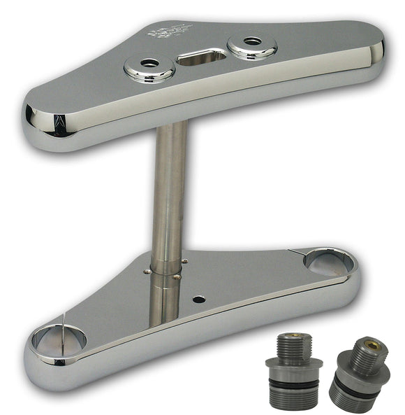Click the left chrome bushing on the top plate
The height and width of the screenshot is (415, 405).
point(149,68)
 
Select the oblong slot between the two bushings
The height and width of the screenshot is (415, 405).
point(202,57)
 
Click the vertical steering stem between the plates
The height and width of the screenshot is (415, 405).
point(169,203)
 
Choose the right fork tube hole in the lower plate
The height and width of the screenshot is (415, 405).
point(325,262)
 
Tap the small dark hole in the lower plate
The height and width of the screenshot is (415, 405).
point(199,300)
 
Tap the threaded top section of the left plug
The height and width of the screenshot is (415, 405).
point(293,344)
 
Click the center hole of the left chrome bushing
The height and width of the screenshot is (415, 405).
point(149,64)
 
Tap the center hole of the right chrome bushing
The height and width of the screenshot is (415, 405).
point(252,41)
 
